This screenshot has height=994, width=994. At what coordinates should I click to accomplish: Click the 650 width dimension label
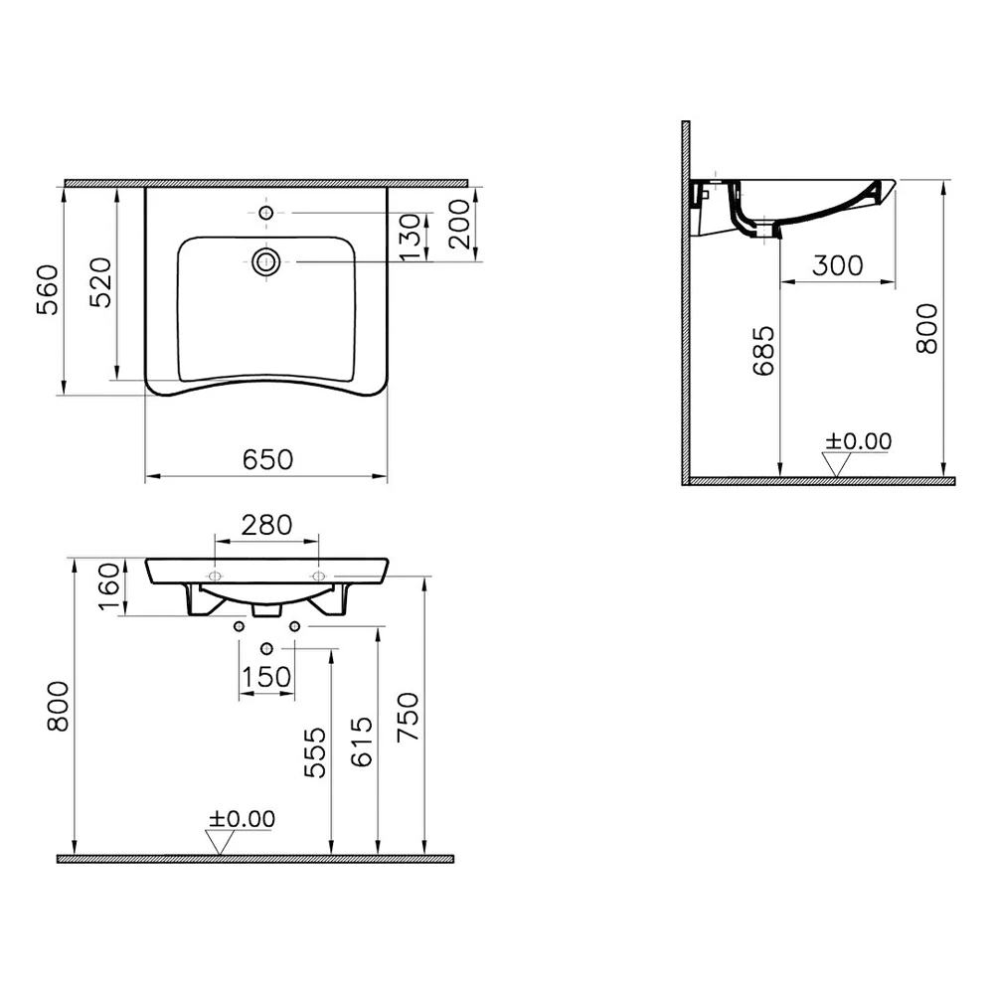(x=267, y=459)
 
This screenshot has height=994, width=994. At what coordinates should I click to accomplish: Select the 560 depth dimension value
(x=48, y=290)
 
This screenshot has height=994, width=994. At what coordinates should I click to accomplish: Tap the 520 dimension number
(x=100, y=282)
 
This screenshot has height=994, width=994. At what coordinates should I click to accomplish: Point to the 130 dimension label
(x=411, y=237)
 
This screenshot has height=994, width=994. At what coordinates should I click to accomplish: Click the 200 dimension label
(x=458, y=224)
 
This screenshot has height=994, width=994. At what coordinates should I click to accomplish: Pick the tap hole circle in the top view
(x=266, y=213)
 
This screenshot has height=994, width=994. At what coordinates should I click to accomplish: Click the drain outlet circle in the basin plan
(x=266, y=261)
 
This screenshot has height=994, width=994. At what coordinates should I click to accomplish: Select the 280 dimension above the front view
(x=266, y=525)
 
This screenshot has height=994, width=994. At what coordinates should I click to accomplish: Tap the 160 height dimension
(x=109, y=586)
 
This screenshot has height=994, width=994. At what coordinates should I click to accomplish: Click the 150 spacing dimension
(x=266, y=677)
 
